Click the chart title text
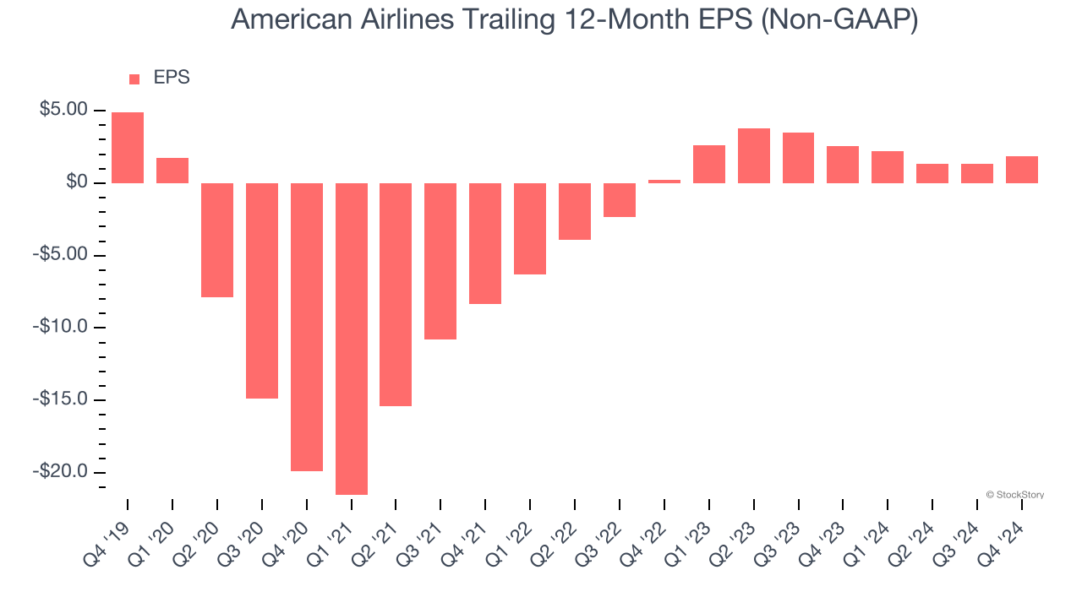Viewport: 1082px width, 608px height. coord(574,19)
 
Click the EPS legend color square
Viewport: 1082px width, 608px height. coord(134,79)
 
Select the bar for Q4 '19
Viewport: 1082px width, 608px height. coord(128,148)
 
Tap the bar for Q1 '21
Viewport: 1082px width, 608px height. coord(352,338)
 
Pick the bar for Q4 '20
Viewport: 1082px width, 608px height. coord(307,327)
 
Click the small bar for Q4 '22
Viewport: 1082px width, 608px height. coord(664,182)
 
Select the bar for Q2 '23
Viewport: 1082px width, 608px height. coord(754,156)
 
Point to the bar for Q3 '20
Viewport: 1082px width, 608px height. coord(262,290)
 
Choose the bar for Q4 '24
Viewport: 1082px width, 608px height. coord(1022,170)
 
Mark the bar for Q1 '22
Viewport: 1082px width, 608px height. coord(530,229)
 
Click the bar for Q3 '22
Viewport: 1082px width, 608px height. coord(620,200)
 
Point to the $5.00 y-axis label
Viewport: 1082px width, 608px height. coord(63,110)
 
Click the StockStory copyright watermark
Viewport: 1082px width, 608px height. coord(1014,495)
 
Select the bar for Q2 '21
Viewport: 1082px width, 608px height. coord(396,294)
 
